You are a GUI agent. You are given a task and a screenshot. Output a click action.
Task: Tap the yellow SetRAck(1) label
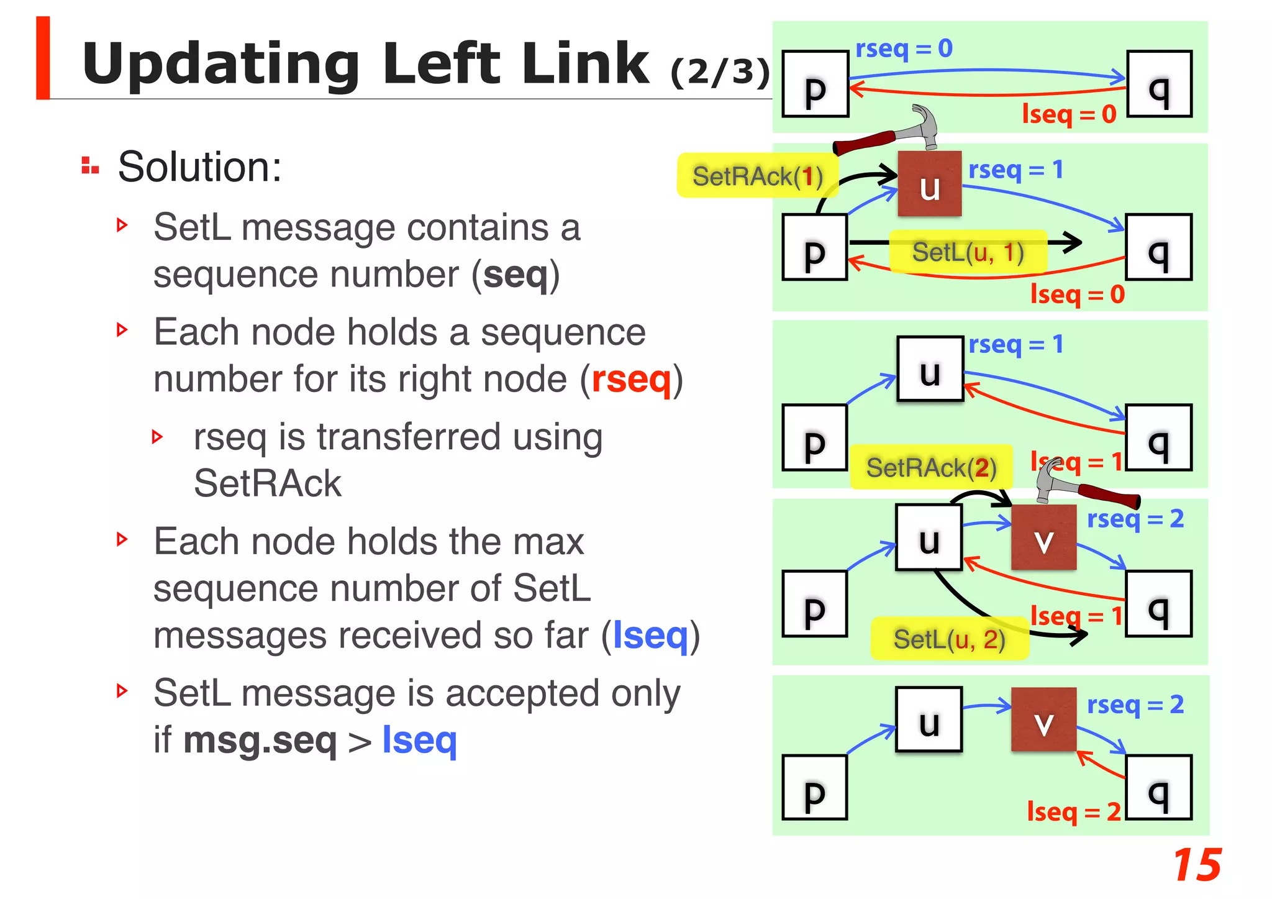pos(757,176)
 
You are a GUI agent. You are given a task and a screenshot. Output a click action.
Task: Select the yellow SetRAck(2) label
pos(931,468)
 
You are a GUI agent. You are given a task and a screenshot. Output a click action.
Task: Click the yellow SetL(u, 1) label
pos(968,252)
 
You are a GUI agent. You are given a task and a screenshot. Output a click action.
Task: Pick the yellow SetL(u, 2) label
pos(949,639)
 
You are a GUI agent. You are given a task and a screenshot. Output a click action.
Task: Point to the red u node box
pos(929,185)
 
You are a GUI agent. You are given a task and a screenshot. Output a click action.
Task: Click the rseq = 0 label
pos(904,48)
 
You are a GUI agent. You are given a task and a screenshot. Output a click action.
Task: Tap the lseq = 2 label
pos(1073,812)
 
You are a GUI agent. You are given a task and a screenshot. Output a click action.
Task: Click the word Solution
pos(199,167)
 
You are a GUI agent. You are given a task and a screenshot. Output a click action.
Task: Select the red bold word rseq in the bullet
pos(631,380)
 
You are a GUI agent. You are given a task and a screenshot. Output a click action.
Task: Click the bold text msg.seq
pos(260,741)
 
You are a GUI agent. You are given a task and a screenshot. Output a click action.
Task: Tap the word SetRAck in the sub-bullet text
pos(268,483)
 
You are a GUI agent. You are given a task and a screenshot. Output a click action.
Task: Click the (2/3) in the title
pos(720,73)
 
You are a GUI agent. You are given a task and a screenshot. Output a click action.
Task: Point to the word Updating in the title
pos(221,64)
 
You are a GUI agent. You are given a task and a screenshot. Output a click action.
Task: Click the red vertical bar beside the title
pos(43,58)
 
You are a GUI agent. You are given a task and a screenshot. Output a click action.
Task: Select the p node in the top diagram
pos(815,84)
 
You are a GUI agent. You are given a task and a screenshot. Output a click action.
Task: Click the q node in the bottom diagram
pos(1159,788)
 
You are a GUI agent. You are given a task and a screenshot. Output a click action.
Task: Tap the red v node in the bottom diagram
pos(1043,720)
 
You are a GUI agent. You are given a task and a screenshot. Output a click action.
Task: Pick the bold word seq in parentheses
pos(516,275)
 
